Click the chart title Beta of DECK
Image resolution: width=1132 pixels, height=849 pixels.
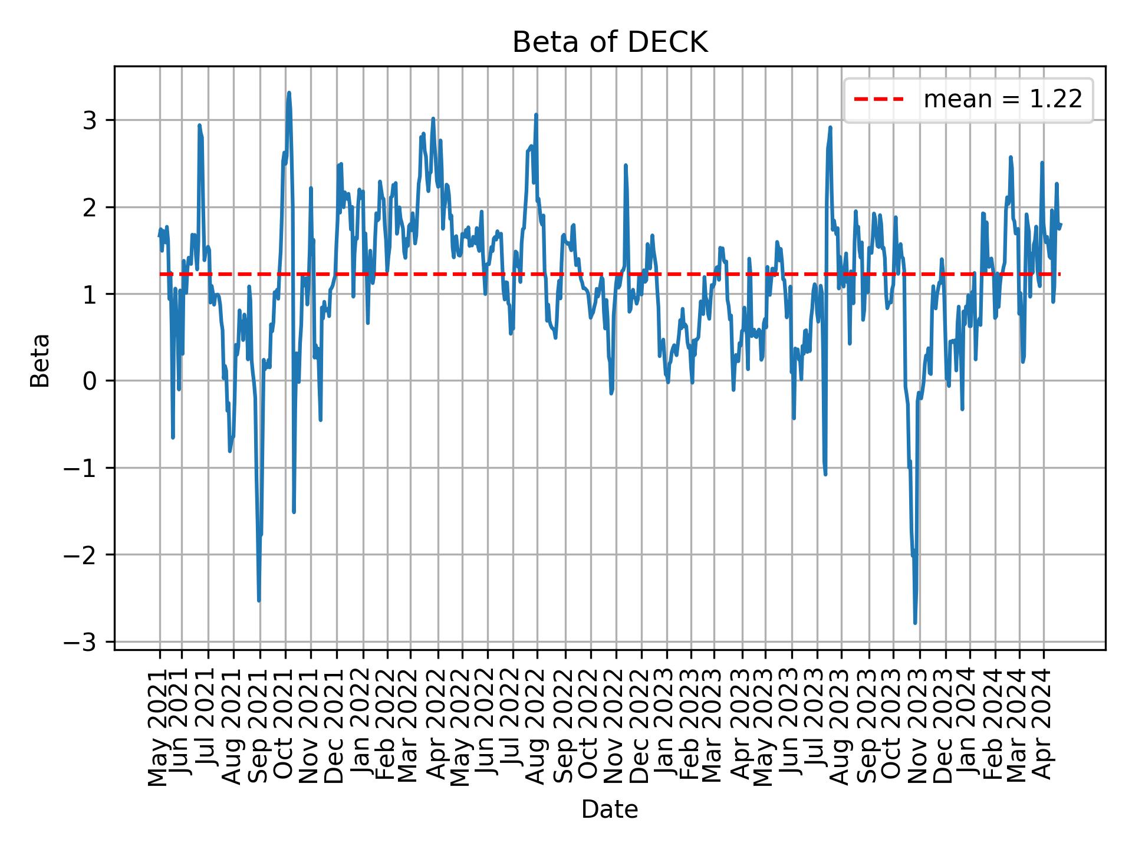pyautogui.click(x=610, y=42)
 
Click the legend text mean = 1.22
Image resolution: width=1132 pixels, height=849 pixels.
pyautogui.click(x=1002, y=100)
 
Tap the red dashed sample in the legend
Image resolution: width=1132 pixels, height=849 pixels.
pyautogui.click(x=878, y=100)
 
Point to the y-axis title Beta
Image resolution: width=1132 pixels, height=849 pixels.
pyautogui.click(x=40, y=360)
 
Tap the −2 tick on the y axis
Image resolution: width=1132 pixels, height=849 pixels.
pyautogui.click(x=87, y=555)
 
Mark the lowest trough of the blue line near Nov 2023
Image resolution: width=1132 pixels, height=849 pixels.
pyautogui.click(x=915, y=623)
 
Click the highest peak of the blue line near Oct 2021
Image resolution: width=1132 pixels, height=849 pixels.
pyautogui.click(x=289, y=93)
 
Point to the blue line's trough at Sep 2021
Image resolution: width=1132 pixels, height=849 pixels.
pyautogui.click(x=259, y=601)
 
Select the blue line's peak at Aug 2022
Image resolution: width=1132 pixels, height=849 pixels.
pyautogui.click(x=536, y=115)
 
